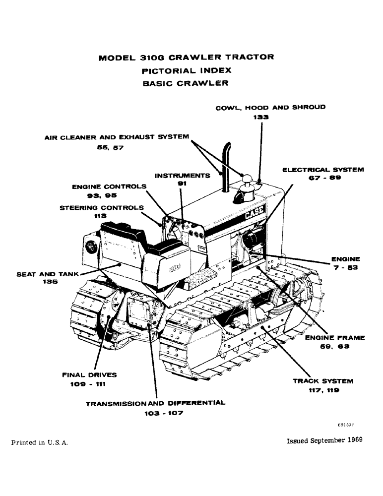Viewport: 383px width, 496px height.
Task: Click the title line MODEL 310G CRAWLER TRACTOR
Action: coord(186,57)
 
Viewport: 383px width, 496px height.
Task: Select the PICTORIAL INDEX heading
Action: coord(186,70)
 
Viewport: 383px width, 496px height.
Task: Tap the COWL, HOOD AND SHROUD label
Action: coord(270,107)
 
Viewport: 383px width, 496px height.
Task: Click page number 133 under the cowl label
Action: coord(260,118)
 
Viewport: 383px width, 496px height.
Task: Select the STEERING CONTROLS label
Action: coord(102,207)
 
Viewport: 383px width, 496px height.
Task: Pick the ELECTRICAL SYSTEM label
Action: coord(323,170)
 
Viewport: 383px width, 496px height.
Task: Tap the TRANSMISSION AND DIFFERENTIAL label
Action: coord(155,403)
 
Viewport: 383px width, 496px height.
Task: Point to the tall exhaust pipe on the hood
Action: coord(224,166)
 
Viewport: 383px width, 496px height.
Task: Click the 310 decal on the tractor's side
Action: coord(174,267)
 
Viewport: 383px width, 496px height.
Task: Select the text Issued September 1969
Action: coord(324,440)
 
